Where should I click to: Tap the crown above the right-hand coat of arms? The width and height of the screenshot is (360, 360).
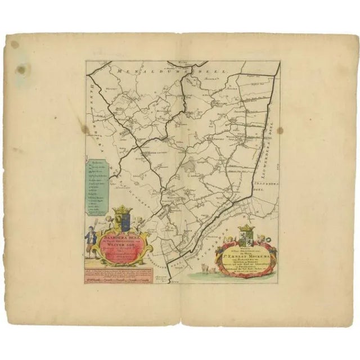point(247,227)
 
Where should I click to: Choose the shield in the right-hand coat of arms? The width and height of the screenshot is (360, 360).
point(246,236)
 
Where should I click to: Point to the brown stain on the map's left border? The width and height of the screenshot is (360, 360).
point(85,130)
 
